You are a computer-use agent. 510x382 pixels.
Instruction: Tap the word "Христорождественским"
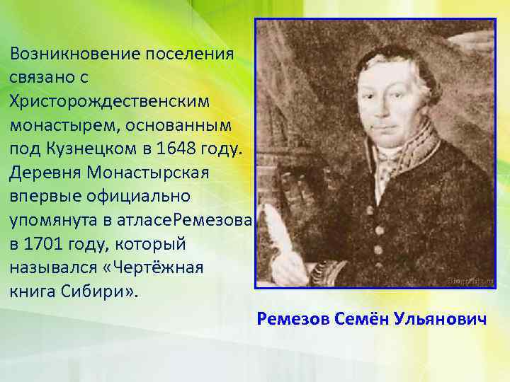(110, 101)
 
